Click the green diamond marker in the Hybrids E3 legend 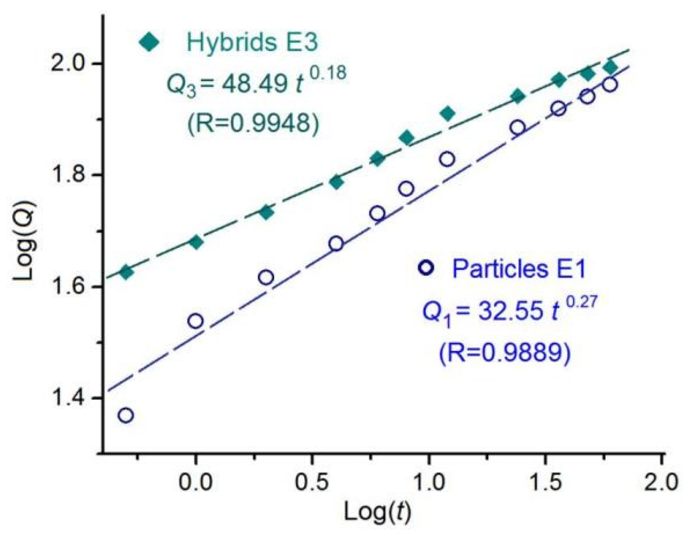tap(149, 42)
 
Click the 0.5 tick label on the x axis tap(312, 483)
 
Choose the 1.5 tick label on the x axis tap(545, 483)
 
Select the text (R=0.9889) tap(505, 352)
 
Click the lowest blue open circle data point tap(125, 415)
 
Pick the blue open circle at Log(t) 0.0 tap(195, 321)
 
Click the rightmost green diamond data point tap(610, 67)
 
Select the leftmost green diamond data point tap(126, 272)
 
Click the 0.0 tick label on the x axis tap(195, 483)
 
